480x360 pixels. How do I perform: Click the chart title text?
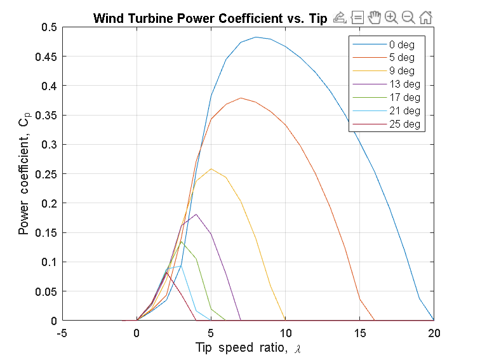[x=210, y=18]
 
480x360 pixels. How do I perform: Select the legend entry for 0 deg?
[x=401, y=45]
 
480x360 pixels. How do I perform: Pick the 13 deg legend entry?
[x=404, y=84]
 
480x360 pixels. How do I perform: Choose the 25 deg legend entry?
[x=404, y=123]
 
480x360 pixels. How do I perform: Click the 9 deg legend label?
[x=401, y=71]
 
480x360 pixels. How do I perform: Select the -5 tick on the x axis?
[x=62, y=333]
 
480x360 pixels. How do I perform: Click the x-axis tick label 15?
[x=360, y=333]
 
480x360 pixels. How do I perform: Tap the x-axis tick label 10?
[x=285, y=333]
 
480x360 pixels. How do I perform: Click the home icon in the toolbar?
[x=426, y=18]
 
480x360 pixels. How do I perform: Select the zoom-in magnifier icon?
[x=391, y=18]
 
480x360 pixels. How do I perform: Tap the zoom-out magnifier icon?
[x=408, y=18]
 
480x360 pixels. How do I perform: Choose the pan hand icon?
[x=374, y=18]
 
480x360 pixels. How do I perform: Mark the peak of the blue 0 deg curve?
[x=256, y=37]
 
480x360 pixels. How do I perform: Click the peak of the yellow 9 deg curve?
[x=211, y=169]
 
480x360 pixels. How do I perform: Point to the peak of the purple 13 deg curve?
[x=196, y=215]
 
